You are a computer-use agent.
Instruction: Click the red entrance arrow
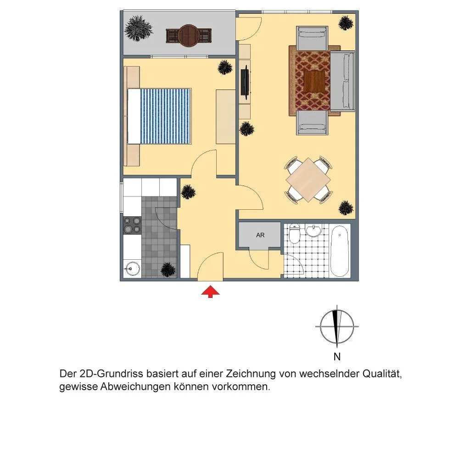[210, 292]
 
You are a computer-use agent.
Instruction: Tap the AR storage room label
[260, 235]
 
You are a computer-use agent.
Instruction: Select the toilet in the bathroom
[295, 233]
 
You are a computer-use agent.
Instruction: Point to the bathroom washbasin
[314, 230]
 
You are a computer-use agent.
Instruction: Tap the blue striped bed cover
[166, 116]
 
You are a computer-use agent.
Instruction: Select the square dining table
[308, 180]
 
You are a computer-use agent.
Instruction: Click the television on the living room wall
[245, 82]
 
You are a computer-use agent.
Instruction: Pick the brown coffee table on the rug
[314, 81]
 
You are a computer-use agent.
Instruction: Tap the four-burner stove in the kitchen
[132, 225]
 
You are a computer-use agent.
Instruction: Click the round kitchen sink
[132, 268]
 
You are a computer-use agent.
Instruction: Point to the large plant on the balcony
[139, 28]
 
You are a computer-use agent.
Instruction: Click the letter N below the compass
[337, 357]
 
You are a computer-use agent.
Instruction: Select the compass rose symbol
[337, 326]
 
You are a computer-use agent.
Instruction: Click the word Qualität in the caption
[382, 374]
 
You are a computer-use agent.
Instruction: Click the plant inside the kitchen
[168, 269]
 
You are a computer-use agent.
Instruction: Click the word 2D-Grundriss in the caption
[111, 374]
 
